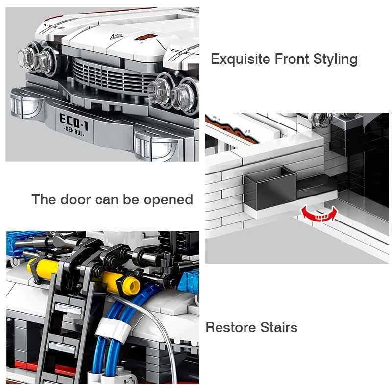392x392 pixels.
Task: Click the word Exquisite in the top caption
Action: coord(241,59)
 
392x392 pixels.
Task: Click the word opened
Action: coord(168,200)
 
